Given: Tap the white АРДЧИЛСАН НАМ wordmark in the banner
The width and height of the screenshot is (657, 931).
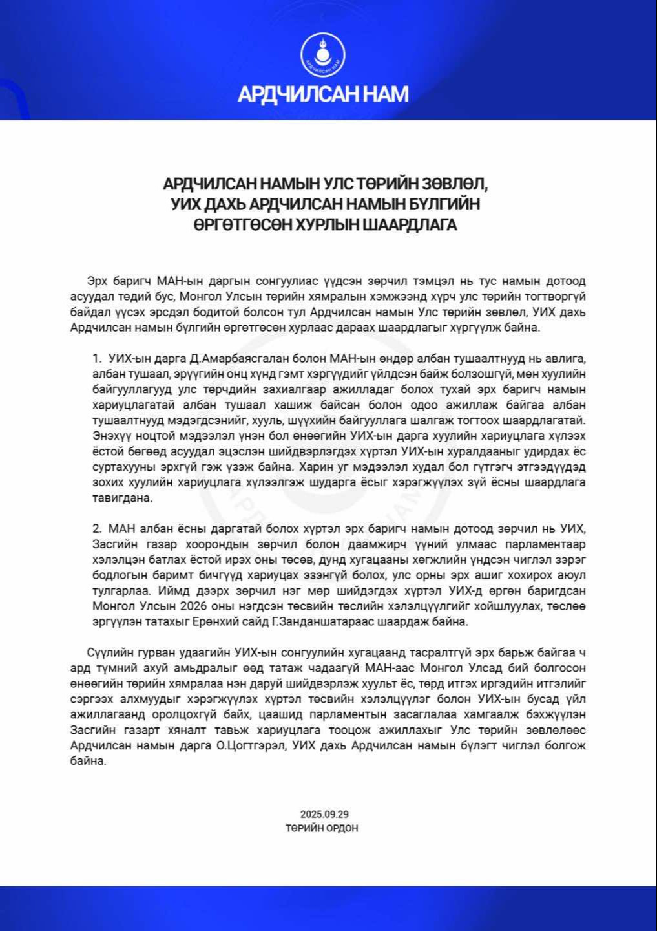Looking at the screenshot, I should click(x=323, y=94).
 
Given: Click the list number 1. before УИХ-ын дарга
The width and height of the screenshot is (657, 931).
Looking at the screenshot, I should click(x=97, y=358).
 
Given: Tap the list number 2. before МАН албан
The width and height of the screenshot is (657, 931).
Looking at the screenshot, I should click(x=97, y=529).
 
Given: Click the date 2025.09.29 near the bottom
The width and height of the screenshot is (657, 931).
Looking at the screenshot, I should click(x=324, y=814).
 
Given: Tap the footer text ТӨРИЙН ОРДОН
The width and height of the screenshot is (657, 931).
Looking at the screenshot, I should click(x=322, y=828).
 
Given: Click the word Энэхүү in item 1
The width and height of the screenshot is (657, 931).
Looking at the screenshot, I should click(x=111, y=436).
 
